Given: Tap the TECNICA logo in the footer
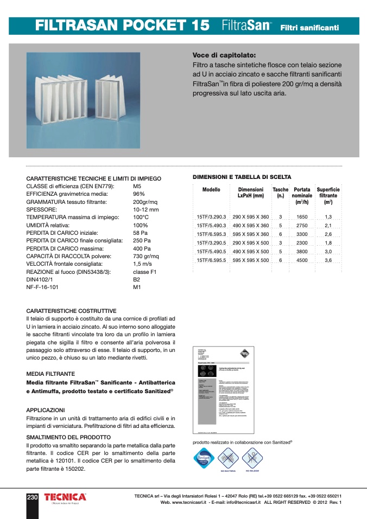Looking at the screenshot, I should tap(65, 497).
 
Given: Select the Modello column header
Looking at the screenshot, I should tap(211, 190).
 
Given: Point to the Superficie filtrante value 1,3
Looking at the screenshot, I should tap(328, 217).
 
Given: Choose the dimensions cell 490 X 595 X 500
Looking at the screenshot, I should tap(251, 252).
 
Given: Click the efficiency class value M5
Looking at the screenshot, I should tap(137, 186).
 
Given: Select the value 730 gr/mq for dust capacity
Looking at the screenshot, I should tap(146, 255).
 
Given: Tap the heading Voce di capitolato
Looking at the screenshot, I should tap(224, 55).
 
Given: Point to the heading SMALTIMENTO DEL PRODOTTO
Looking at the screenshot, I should tap(68, 437).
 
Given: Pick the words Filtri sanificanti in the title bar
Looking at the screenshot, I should tap(309, 27).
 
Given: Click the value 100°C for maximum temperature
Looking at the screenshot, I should tap(141, 217).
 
